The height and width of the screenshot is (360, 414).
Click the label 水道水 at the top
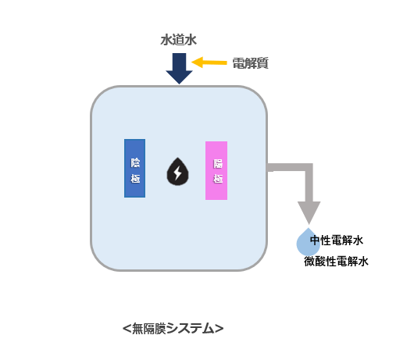pos(179,40)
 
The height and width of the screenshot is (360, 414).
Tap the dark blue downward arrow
pos(180,69)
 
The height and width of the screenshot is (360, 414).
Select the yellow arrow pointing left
pos(209,62)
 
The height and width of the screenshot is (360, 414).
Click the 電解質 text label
pos(250,63)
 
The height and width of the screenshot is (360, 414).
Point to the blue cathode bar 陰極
pos(134,168)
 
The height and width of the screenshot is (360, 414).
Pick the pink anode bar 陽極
pos(216,170)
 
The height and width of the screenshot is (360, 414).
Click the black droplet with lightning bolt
pos(177,172)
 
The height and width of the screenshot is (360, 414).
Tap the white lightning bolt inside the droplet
pos(177,173)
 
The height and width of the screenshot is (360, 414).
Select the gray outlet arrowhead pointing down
pos(309,212)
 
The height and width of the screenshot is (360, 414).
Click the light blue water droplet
pos(308,242)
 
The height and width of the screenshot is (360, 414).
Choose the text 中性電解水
pos(337,241)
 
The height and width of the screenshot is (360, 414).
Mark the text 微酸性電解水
pos(336,262)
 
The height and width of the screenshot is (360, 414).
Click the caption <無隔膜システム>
pos(173,329)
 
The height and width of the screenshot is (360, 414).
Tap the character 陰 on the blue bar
pos(135,162)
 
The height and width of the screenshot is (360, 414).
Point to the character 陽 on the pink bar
pos(218,164)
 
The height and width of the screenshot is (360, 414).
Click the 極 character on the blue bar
pos(135,178)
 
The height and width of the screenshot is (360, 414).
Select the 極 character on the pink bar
pos(218,179)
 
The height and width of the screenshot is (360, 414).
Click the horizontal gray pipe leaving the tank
pos(287,167)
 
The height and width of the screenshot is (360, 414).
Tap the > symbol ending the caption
pos(219,329)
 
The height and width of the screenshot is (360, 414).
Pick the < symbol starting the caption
pos(127,329)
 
